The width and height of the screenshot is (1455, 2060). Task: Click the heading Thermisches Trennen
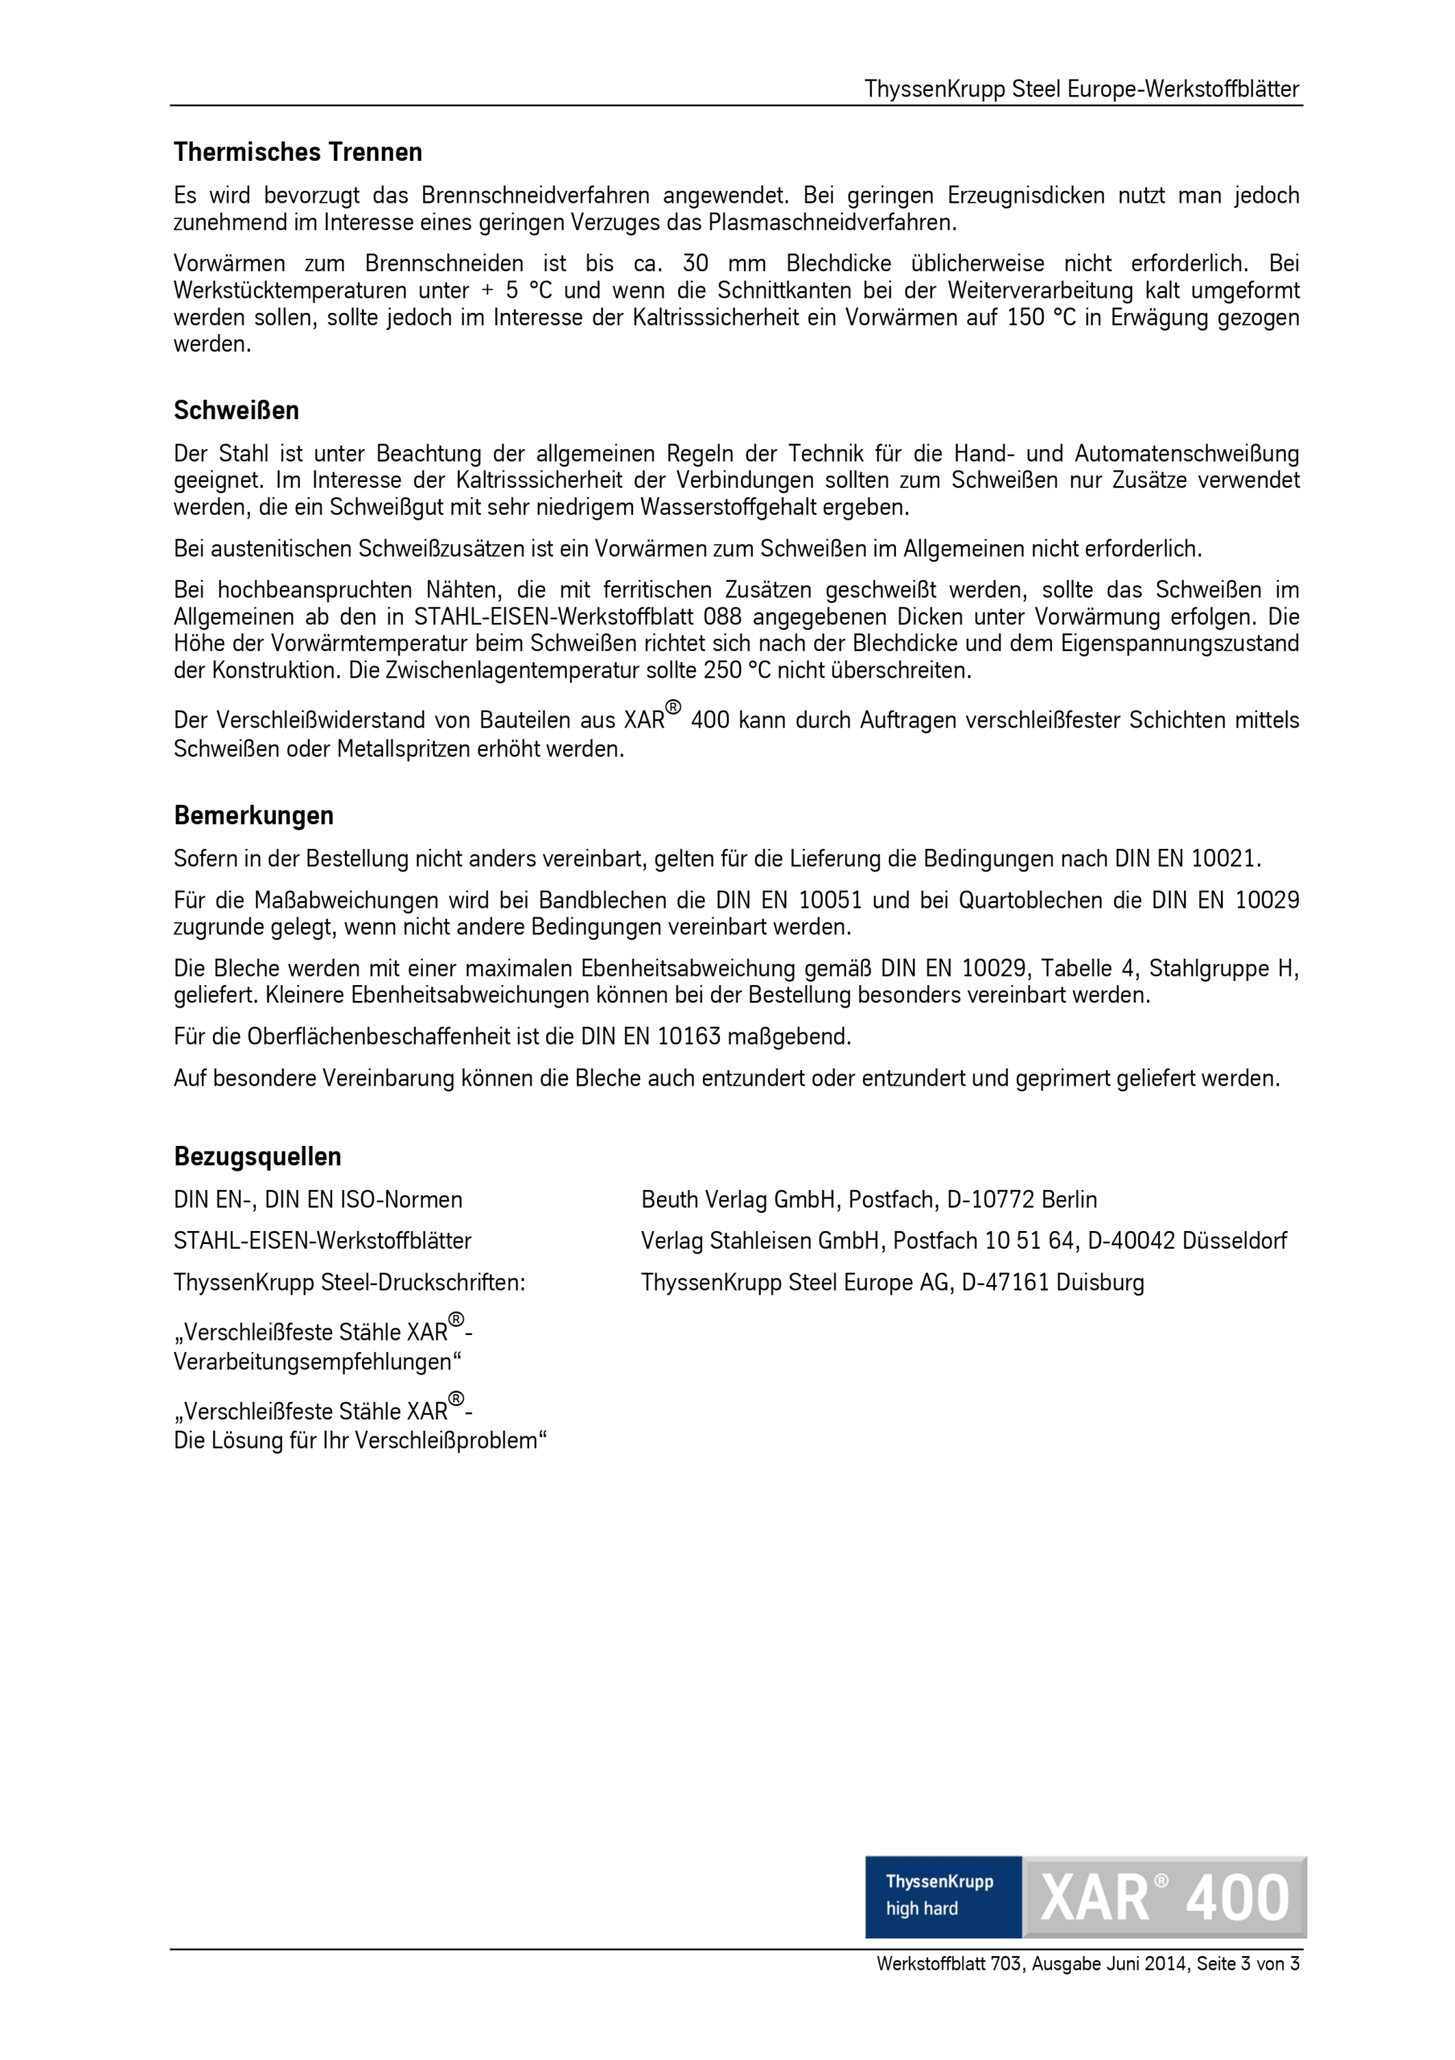pos(298,153)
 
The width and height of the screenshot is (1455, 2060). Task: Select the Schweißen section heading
pos(236,411)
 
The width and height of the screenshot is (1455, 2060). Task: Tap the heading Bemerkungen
pos(254,816)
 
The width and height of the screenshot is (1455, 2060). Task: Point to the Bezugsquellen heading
pos(257,1156)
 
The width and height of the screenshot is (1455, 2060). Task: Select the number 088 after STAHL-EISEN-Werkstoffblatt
pos(722,617)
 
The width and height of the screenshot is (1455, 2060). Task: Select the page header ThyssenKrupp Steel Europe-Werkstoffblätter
pos(1082,89)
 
